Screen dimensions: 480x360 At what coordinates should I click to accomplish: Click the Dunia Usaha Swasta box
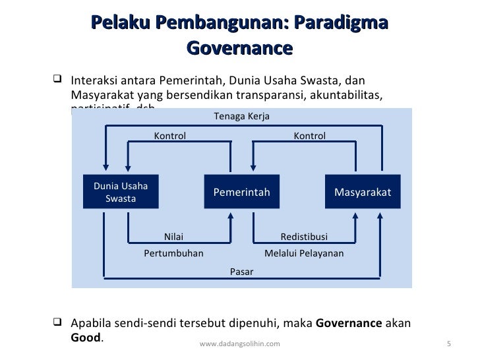coord(121,192)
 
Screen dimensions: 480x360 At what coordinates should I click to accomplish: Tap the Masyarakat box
coord(363,192)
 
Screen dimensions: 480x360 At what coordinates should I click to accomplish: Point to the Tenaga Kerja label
coord(242,117)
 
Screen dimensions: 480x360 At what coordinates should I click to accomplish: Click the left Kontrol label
coord(170,136)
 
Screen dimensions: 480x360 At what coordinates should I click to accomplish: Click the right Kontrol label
coord(309,136)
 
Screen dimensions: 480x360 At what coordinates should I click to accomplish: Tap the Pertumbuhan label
coord(173,253)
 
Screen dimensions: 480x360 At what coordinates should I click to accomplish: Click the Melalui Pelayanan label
coord(304,253)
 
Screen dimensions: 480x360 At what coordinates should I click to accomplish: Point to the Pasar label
coord(241,271)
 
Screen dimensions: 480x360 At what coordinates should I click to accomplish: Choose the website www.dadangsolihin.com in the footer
coord(239,344)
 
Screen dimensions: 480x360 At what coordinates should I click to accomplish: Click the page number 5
coord(448,344)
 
